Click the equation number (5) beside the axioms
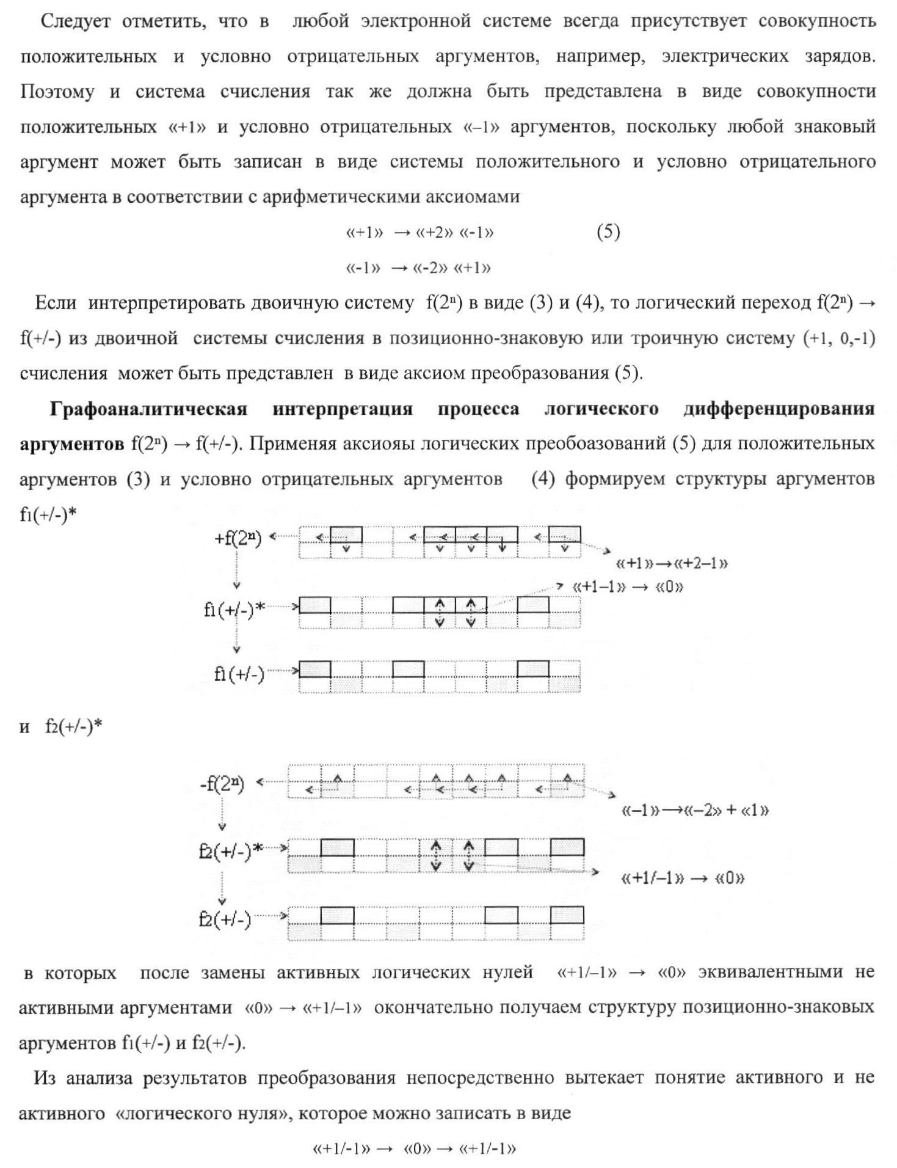608,232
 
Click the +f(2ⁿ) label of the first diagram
238,539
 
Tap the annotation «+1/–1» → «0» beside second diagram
683,878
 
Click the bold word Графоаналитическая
148,409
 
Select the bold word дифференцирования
779,409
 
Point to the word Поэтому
57,92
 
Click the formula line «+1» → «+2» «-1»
419,233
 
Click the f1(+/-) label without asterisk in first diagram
239,674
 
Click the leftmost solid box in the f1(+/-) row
315,670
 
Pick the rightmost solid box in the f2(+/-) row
567,915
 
